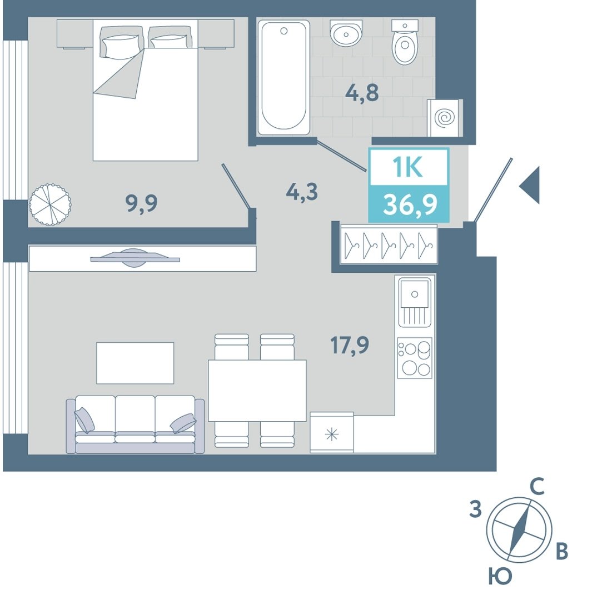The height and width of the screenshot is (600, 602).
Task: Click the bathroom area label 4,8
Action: pyautogui.click(x=362, y=93)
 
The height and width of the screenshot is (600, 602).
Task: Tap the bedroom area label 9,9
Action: pyautogui.click(x=141, y=203)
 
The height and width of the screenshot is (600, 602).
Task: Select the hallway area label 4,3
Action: pyautogui.click(x=302, y=192)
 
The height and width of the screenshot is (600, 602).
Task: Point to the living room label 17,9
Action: pyautogui.click(x=350, y=344)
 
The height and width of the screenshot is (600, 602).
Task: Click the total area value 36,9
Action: pyautogui.click(x=410, y=205)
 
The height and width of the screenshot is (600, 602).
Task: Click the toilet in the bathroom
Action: pyautogui.click(x=405, y=42)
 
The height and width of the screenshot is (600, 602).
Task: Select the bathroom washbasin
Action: pyautogui.click(x=346, y=33)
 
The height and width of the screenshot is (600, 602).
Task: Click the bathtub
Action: pyautogui.click(x=283, y=77)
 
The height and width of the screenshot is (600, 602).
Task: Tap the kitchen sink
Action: pyautogui.click(x=415, y=302)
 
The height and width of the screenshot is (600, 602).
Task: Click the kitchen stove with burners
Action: pyautogui.click(x=415, y=358)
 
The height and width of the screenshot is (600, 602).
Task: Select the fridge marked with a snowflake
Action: pyautogui.click(x=332, y=432)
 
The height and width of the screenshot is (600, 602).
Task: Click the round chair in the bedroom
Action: pyautogui.click(x=50, y=204)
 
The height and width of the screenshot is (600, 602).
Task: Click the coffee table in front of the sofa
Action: pyautogui.click(x=135, y=363)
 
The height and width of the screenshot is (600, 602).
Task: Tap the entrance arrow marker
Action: pyautogui.click(x=530, y=185)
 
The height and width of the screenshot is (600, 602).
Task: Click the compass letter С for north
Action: pyautogui.click(x=537, y=487)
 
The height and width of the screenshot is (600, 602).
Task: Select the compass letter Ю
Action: pyautogui.click(x=500, y=576)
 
